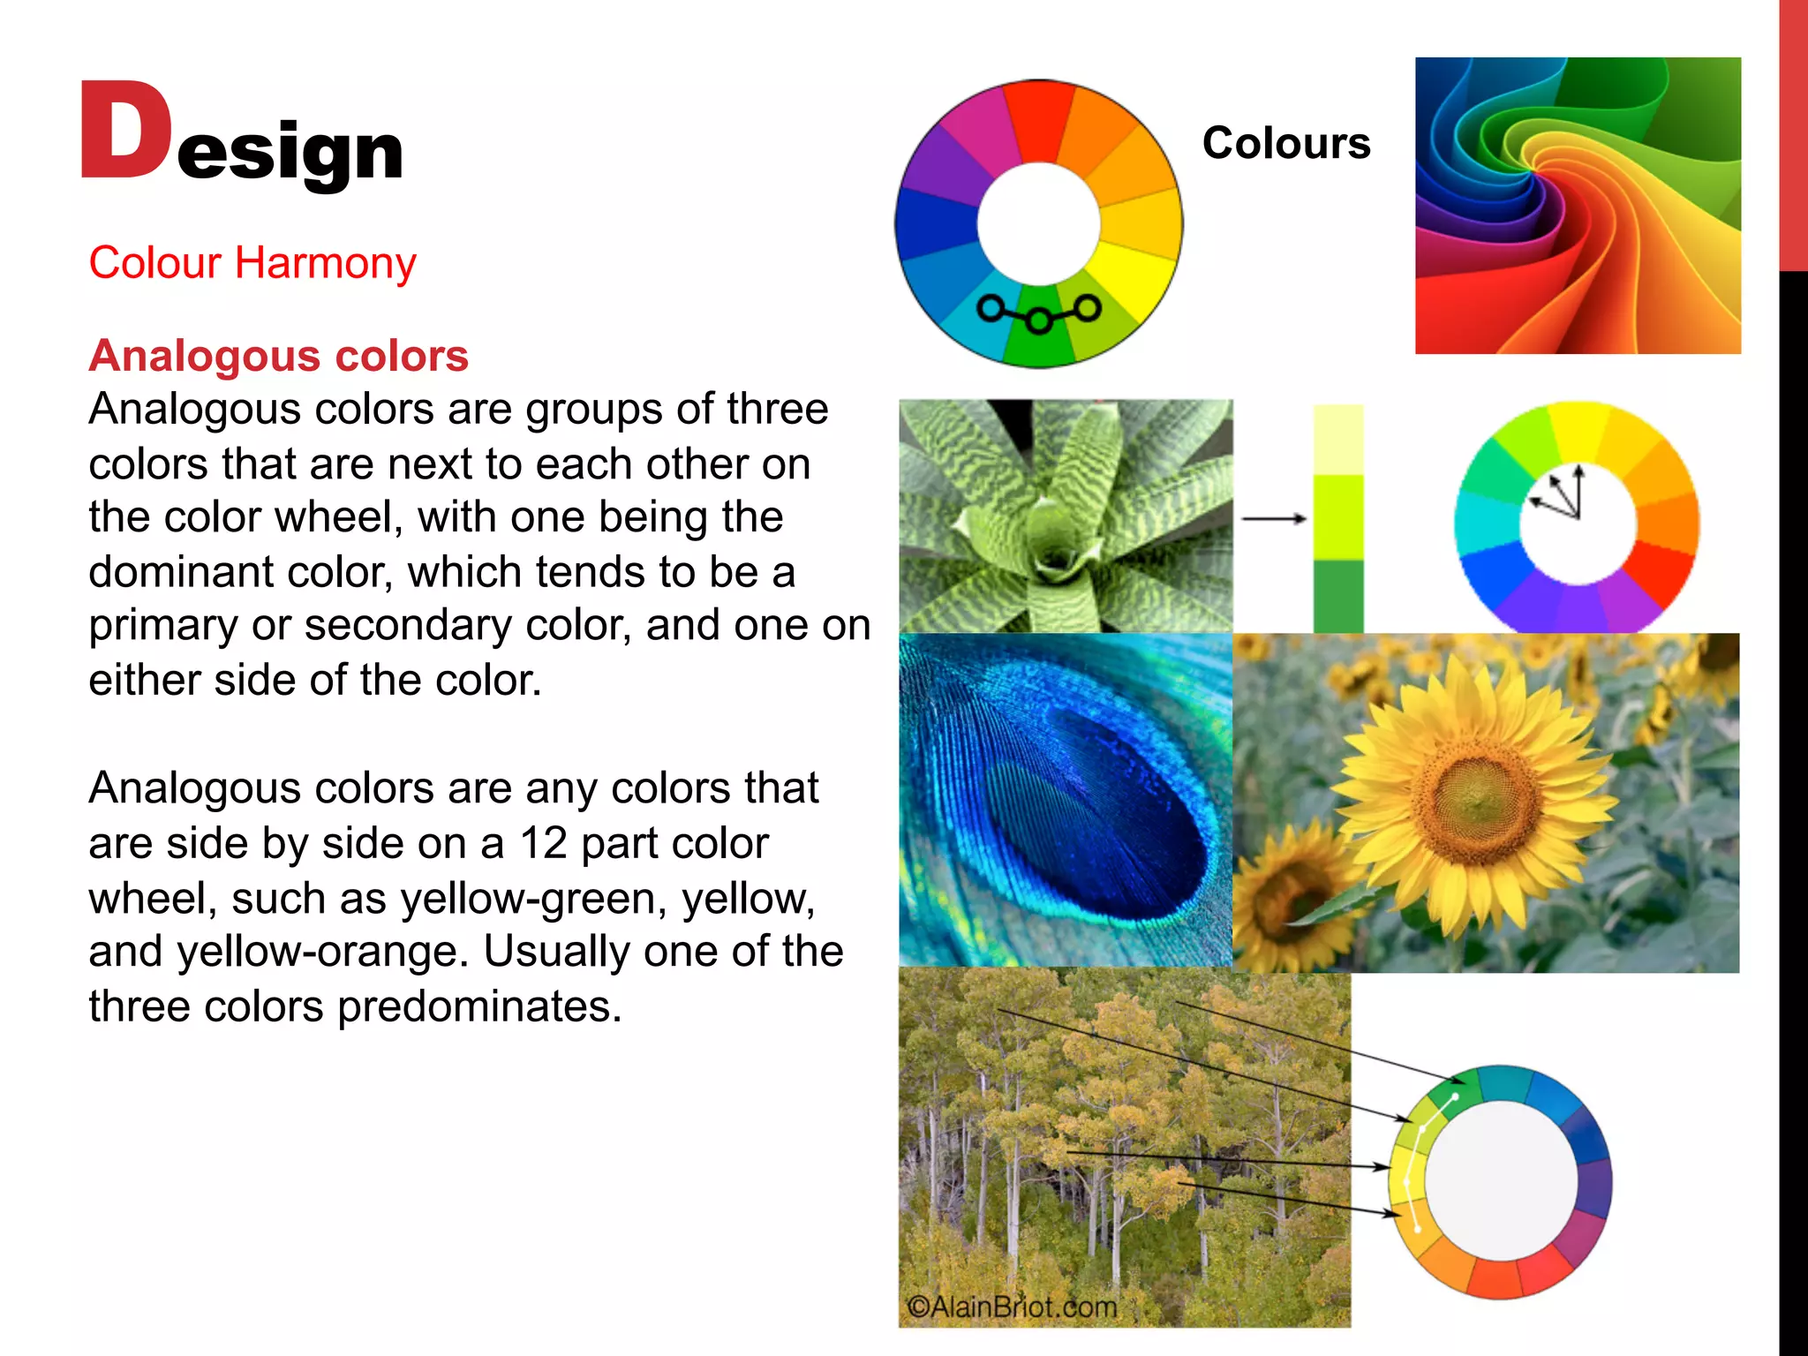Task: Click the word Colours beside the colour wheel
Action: (x=1285, y=143)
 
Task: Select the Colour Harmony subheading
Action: (x=252, y=263)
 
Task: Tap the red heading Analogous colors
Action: (x=278, y=356)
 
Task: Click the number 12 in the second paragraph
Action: (x=543, y=843)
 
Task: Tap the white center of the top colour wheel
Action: (x=1038, y=224)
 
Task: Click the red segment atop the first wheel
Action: (x=1040, y=119)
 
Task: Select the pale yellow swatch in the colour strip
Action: (x=1337, y=440)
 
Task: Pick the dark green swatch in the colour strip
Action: (x=1337, y=595)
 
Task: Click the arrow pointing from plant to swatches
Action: (x=1273, y=518)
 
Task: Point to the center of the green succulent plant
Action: (x=1054, y=556)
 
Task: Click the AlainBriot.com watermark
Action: (x=1012, y=1306)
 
